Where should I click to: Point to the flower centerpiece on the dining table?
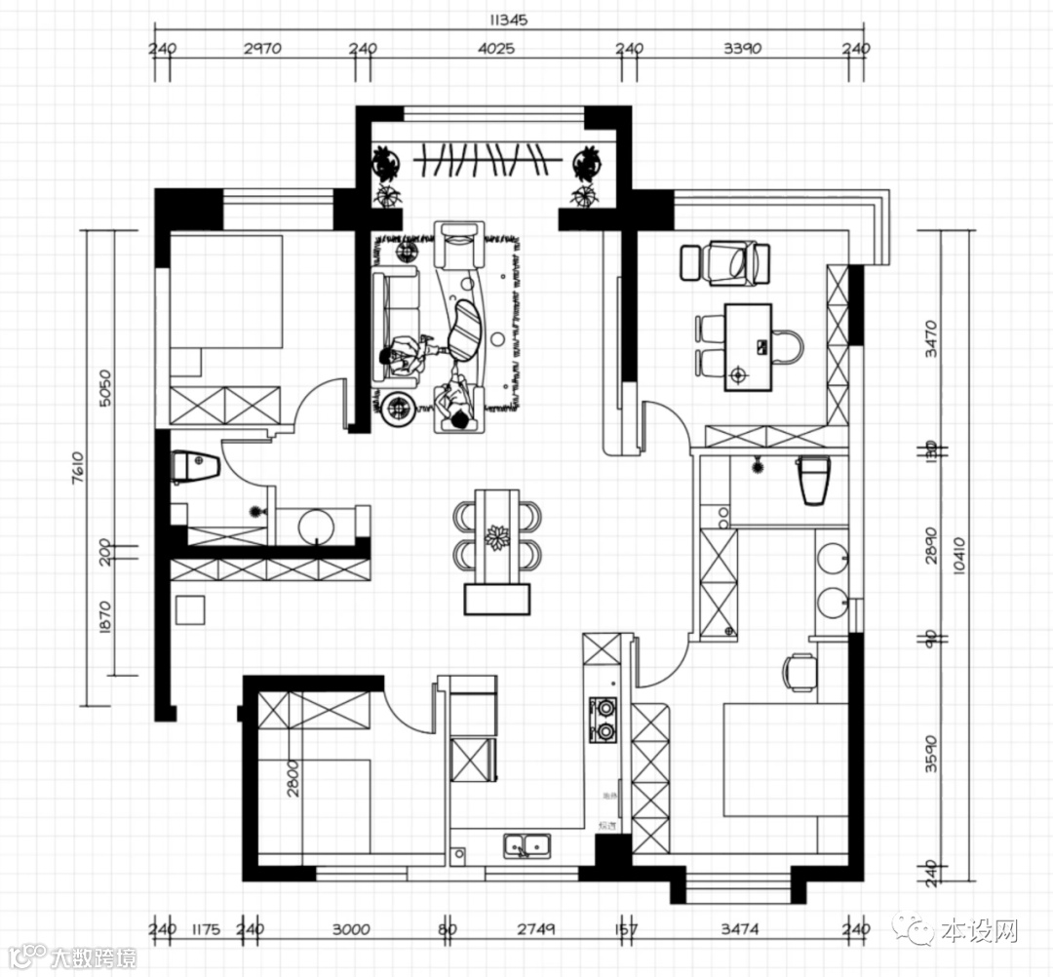pyautogui.click(x=498, y=536)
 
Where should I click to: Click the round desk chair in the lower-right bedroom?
pyautogui.click(x=799, y=671)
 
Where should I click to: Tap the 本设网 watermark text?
pyautogui.click(x=980, y=931)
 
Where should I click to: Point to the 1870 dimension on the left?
pyautogui.click(x=106, y=617)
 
